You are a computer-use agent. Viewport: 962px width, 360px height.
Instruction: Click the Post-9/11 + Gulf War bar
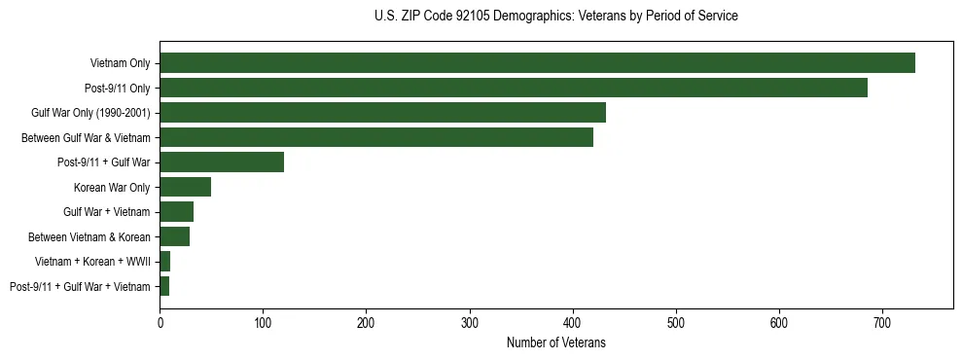coord(222,162)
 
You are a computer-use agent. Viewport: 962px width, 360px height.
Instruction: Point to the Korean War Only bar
coord(185,187)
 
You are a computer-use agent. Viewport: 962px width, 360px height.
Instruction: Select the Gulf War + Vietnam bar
coord(176,212)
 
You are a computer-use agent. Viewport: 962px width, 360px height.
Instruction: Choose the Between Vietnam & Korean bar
coord(174,236)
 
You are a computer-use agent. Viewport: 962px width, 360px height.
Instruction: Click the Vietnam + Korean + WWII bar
coord(165,262)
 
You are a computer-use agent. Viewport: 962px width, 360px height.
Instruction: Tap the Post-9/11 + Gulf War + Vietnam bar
coord(164,286)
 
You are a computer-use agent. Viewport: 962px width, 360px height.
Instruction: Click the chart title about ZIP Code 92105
coord(555,17)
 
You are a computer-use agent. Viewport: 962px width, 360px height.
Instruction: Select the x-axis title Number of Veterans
coord(555,342)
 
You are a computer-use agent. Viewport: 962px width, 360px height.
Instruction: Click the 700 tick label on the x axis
coord(882,322)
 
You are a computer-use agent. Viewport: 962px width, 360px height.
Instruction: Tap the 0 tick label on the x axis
coord(160,322)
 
